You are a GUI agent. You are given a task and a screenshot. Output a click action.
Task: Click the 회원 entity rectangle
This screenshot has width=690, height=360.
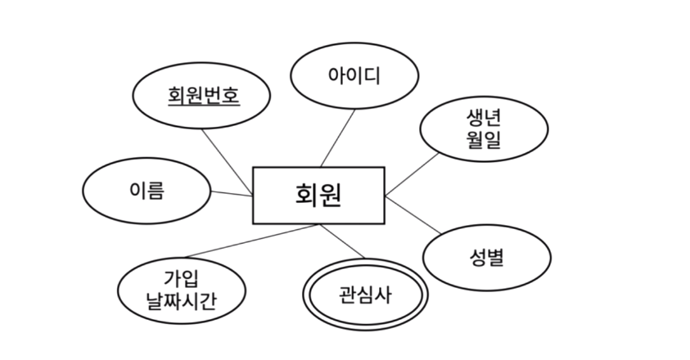[x=318, y=195]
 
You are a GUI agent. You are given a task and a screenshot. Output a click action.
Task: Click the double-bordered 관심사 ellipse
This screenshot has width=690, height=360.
[x=365, y=295]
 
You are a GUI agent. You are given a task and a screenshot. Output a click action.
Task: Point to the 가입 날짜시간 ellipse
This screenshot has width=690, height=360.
[x=181, y=289]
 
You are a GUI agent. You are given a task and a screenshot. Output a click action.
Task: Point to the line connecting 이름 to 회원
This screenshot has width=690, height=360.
[x=231, y=193]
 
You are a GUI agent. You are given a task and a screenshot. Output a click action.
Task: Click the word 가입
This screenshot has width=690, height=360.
[x=181, y=277]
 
